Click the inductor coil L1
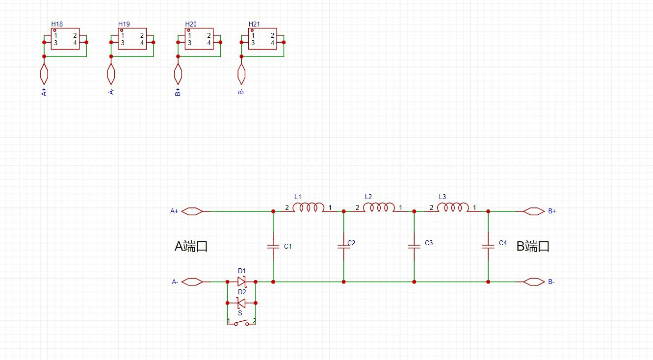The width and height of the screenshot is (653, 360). click(308, 208)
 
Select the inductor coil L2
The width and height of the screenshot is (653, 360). click(379, 208)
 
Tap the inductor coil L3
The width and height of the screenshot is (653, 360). click(452, 208)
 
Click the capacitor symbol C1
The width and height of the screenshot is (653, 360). click(273, 246)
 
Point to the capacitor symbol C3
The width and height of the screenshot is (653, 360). click(414, 246)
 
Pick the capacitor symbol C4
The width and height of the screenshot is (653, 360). click(488, 246)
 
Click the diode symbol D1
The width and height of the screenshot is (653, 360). click(241, 282)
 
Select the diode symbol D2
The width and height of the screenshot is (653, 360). click(241, 303)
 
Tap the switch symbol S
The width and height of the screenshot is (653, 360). click(241, 322)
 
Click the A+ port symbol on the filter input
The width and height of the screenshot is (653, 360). click(192, 211)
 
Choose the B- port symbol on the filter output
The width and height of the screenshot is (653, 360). click(534, 282)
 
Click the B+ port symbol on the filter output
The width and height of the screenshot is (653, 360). click(534, 211)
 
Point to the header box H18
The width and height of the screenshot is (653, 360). click(65, 39)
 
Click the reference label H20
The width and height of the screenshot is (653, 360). click(191, 24)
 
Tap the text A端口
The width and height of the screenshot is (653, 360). click(191, 246)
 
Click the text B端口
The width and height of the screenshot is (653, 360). click(533, 246)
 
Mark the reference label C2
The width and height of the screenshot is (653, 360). click(351, 243)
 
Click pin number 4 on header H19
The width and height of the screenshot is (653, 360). click(142, 43)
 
